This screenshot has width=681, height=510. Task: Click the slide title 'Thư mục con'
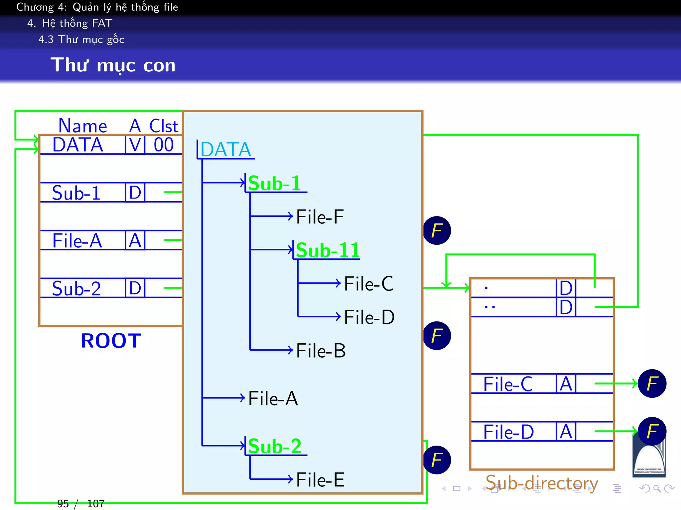[x=113, y=65]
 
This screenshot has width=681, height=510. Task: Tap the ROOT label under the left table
[x=111, y=341]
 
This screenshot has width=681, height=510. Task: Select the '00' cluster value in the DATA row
[x=164, y=145]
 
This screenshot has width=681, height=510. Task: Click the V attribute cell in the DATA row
[x=135, y=145]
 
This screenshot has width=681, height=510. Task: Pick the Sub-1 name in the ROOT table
[x=76, y=193]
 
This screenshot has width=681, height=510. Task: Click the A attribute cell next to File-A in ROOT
[x=135, y=241]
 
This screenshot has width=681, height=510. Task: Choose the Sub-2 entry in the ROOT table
[x=76, y=289]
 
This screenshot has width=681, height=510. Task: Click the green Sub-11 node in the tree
[x=328, y=250]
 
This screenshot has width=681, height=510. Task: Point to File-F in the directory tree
[x=320, y=217]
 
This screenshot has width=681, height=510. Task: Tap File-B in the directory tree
[x=321, y=351]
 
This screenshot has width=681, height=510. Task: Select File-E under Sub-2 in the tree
[x=320, y=480]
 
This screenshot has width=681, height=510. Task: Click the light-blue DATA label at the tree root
[x=226, y=150]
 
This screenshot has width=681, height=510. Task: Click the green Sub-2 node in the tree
[x=275, y=446]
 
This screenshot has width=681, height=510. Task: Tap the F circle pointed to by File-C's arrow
[x=652, y=383]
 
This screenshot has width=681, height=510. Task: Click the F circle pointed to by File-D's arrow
[x=652, y=431]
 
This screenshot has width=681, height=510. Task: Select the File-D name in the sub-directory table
[x=508, y=432]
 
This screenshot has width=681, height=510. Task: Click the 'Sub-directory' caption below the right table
[x=542, y=483]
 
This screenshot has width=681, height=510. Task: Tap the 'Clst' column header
[x=164, y=126]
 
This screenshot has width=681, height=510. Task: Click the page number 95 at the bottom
[x=63, y=504]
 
